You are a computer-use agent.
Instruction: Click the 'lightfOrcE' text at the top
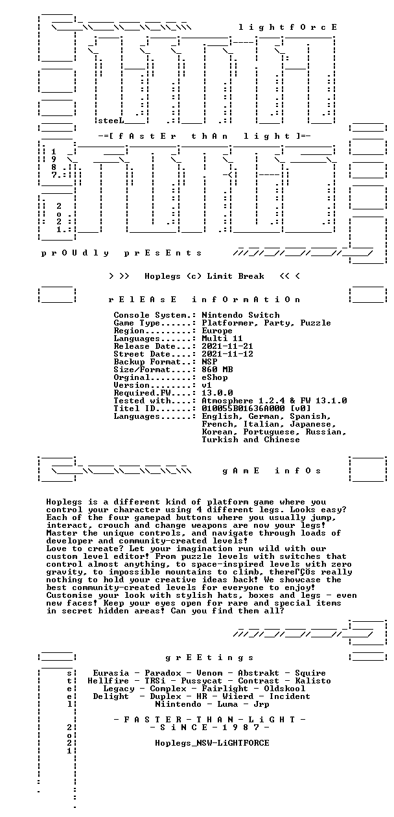pos(288,27)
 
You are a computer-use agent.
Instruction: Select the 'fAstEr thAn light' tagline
pos(204,136)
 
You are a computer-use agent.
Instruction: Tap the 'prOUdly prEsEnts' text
pos(121,253)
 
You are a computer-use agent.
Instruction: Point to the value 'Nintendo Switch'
pos(241,314)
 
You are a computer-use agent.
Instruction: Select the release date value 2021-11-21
pos(227,346)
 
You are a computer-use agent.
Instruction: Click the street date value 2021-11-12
pos(227,354)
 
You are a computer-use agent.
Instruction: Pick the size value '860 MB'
pos(217,370)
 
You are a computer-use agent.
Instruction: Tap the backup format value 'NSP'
pos(209,362)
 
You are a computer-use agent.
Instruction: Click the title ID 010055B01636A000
pos(243,408)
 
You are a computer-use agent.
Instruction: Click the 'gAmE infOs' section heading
pos(272,471)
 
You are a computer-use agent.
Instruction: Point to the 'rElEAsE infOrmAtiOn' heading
pos(205,300)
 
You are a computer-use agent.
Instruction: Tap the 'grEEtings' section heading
pos(209,657)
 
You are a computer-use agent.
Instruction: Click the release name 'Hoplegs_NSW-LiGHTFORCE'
pos(212,743)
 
